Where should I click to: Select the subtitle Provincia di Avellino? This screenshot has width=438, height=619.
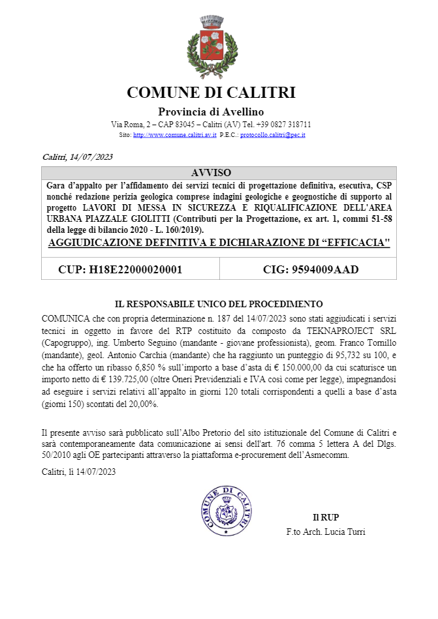tap(211, 112)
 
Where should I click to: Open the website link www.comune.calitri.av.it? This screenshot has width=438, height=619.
tap(175, 135)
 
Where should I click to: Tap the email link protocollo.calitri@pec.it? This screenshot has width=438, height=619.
tap(273, 135)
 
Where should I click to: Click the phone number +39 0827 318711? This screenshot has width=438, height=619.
tap(283, 124)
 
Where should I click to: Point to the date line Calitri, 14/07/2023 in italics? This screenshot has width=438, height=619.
tap(78, 157)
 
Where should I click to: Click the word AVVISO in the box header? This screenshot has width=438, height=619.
tap(211, 173)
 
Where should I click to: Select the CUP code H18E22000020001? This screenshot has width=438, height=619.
tap(120, 269)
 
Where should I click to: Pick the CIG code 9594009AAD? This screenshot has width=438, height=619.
tap(311, 269)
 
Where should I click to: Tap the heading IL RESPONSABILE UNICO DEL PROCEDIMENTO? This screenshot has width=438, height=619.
tap(219, 304)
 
